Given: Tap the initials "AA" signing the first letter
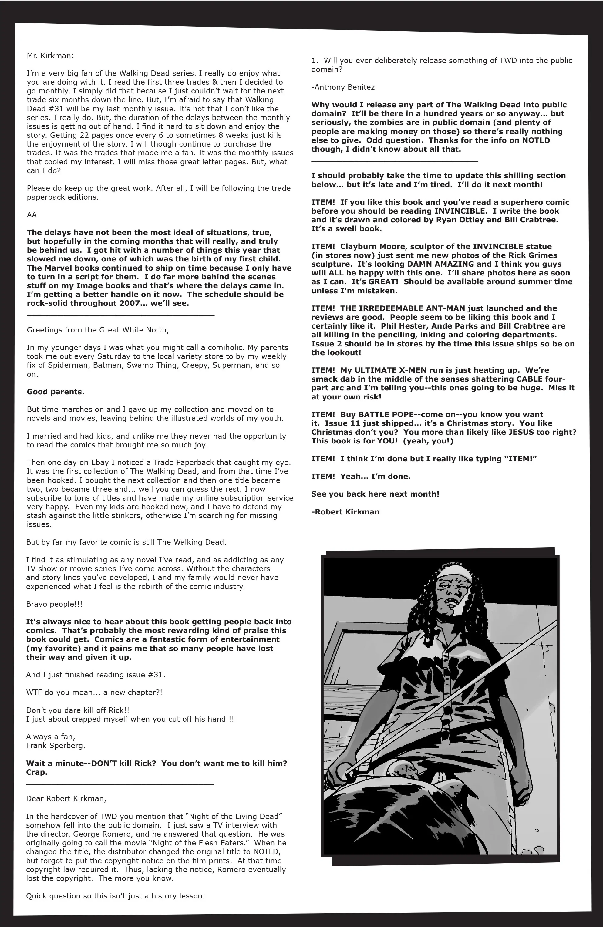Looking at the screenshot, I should pos(32,215).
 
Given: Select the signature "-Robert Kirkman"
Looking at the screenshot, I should pos(345,512).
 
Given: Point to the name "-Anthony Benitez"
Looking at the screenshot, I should pos(343,87).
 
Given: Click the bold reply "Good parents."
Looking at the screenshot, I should pos(55,392).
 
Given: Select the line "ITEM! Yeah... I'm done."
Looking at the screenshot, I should pos(361,476).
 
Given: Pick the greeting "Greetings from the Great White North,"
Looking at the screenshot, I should pos(98,330).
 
